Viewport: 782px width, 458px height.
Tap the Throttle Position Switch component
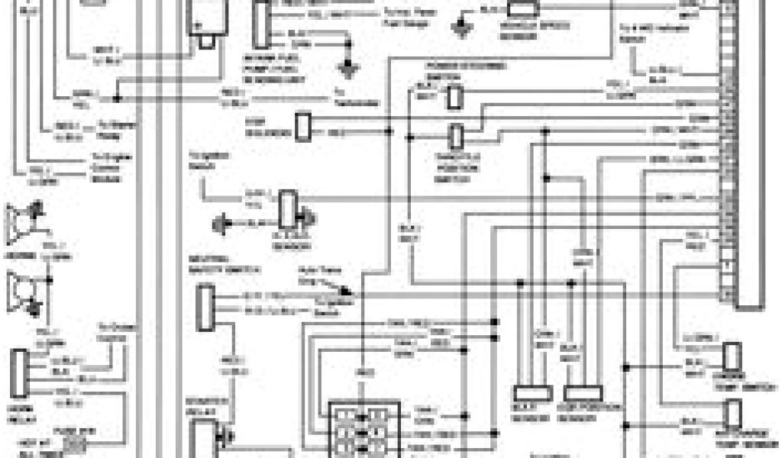click(x=457, y=136)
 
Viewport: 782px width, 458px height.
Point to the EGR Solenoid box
click(x=303, y=126)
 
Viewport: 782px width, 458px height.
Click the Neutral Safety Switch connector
click(x=204, y=307)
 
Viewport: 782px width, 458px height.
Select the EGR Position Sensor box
click(x=583, y=393)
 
